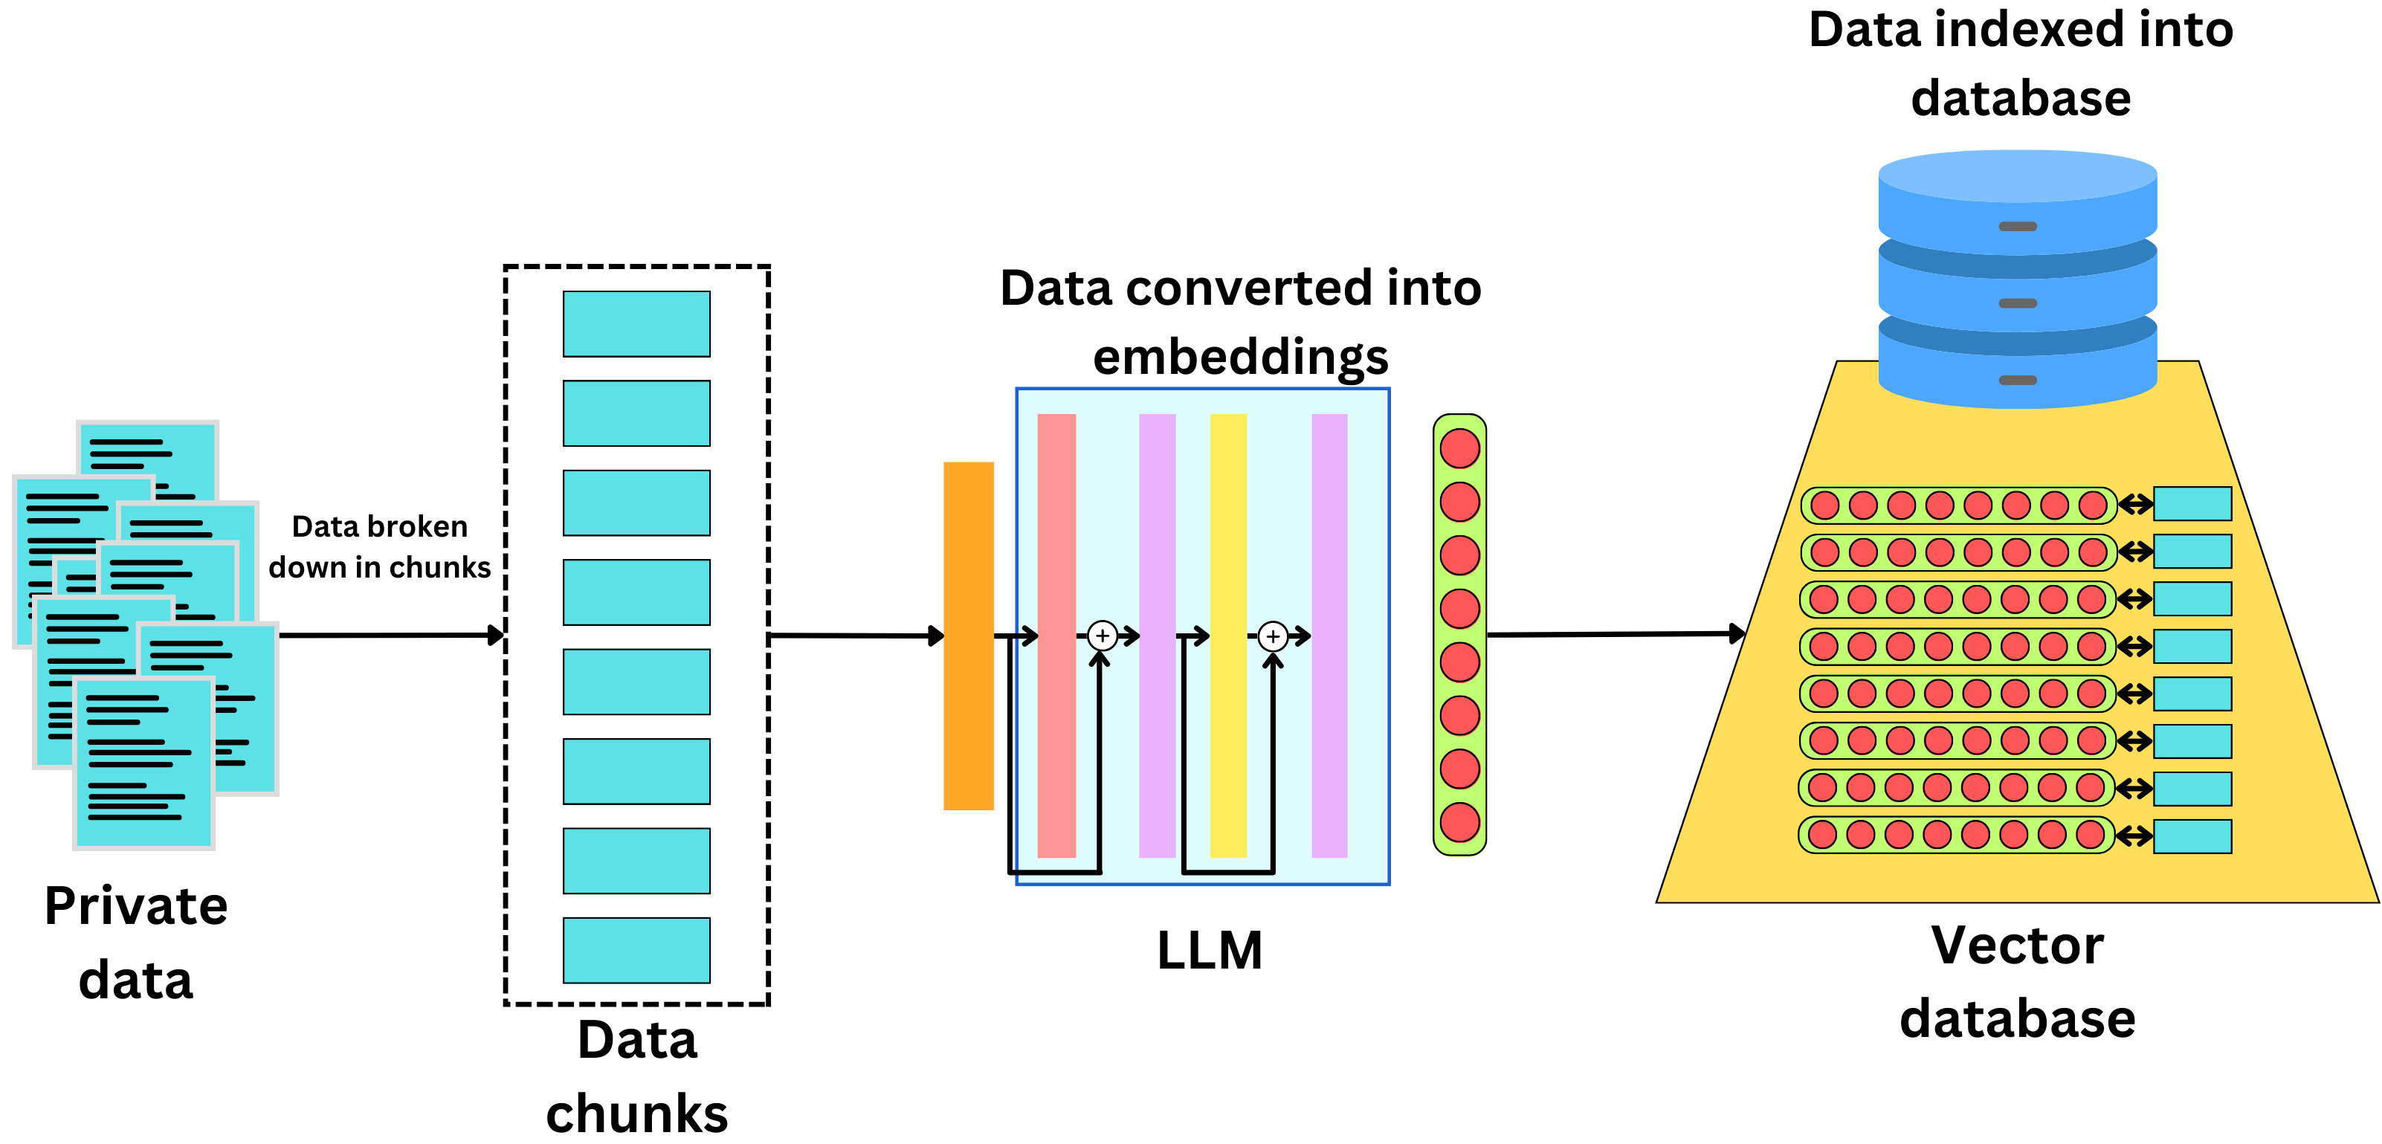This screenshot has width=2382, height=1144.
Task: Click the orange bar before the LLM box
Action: coord(968,636)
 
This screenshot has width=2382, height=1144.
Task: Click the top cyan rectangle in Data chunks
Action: coord(636,323)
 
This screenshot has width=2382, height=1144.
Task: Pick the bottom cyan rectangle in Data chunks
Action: coord(636,950)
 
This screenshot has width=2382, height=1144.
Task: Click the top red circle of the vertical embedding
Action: coord(1459,448)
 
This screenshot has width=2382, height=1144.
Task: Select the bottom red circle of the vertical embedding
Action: coord(1459,822)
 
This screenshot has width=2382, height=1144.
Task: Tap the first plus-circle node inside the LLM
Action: coord(1101,636)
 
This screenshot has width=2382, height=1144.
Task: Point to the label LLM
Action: coord(1210,951)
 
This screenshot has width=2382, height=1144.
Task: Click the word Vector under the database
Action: coord(2017,946)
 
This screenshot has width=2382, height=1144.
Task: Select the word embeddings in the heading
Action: coord(1240,357)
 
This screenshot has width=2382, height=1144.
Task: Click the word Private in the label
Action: coord(136,906)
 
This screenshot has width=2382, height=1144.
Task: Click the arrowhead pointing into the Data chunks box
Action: coord(497,636)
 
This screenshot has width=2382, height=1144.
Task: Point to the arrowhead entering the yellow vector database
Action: coord(1737,633)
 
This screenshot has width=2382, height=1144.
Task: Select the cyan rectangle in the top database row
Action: coord(2192,504)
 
